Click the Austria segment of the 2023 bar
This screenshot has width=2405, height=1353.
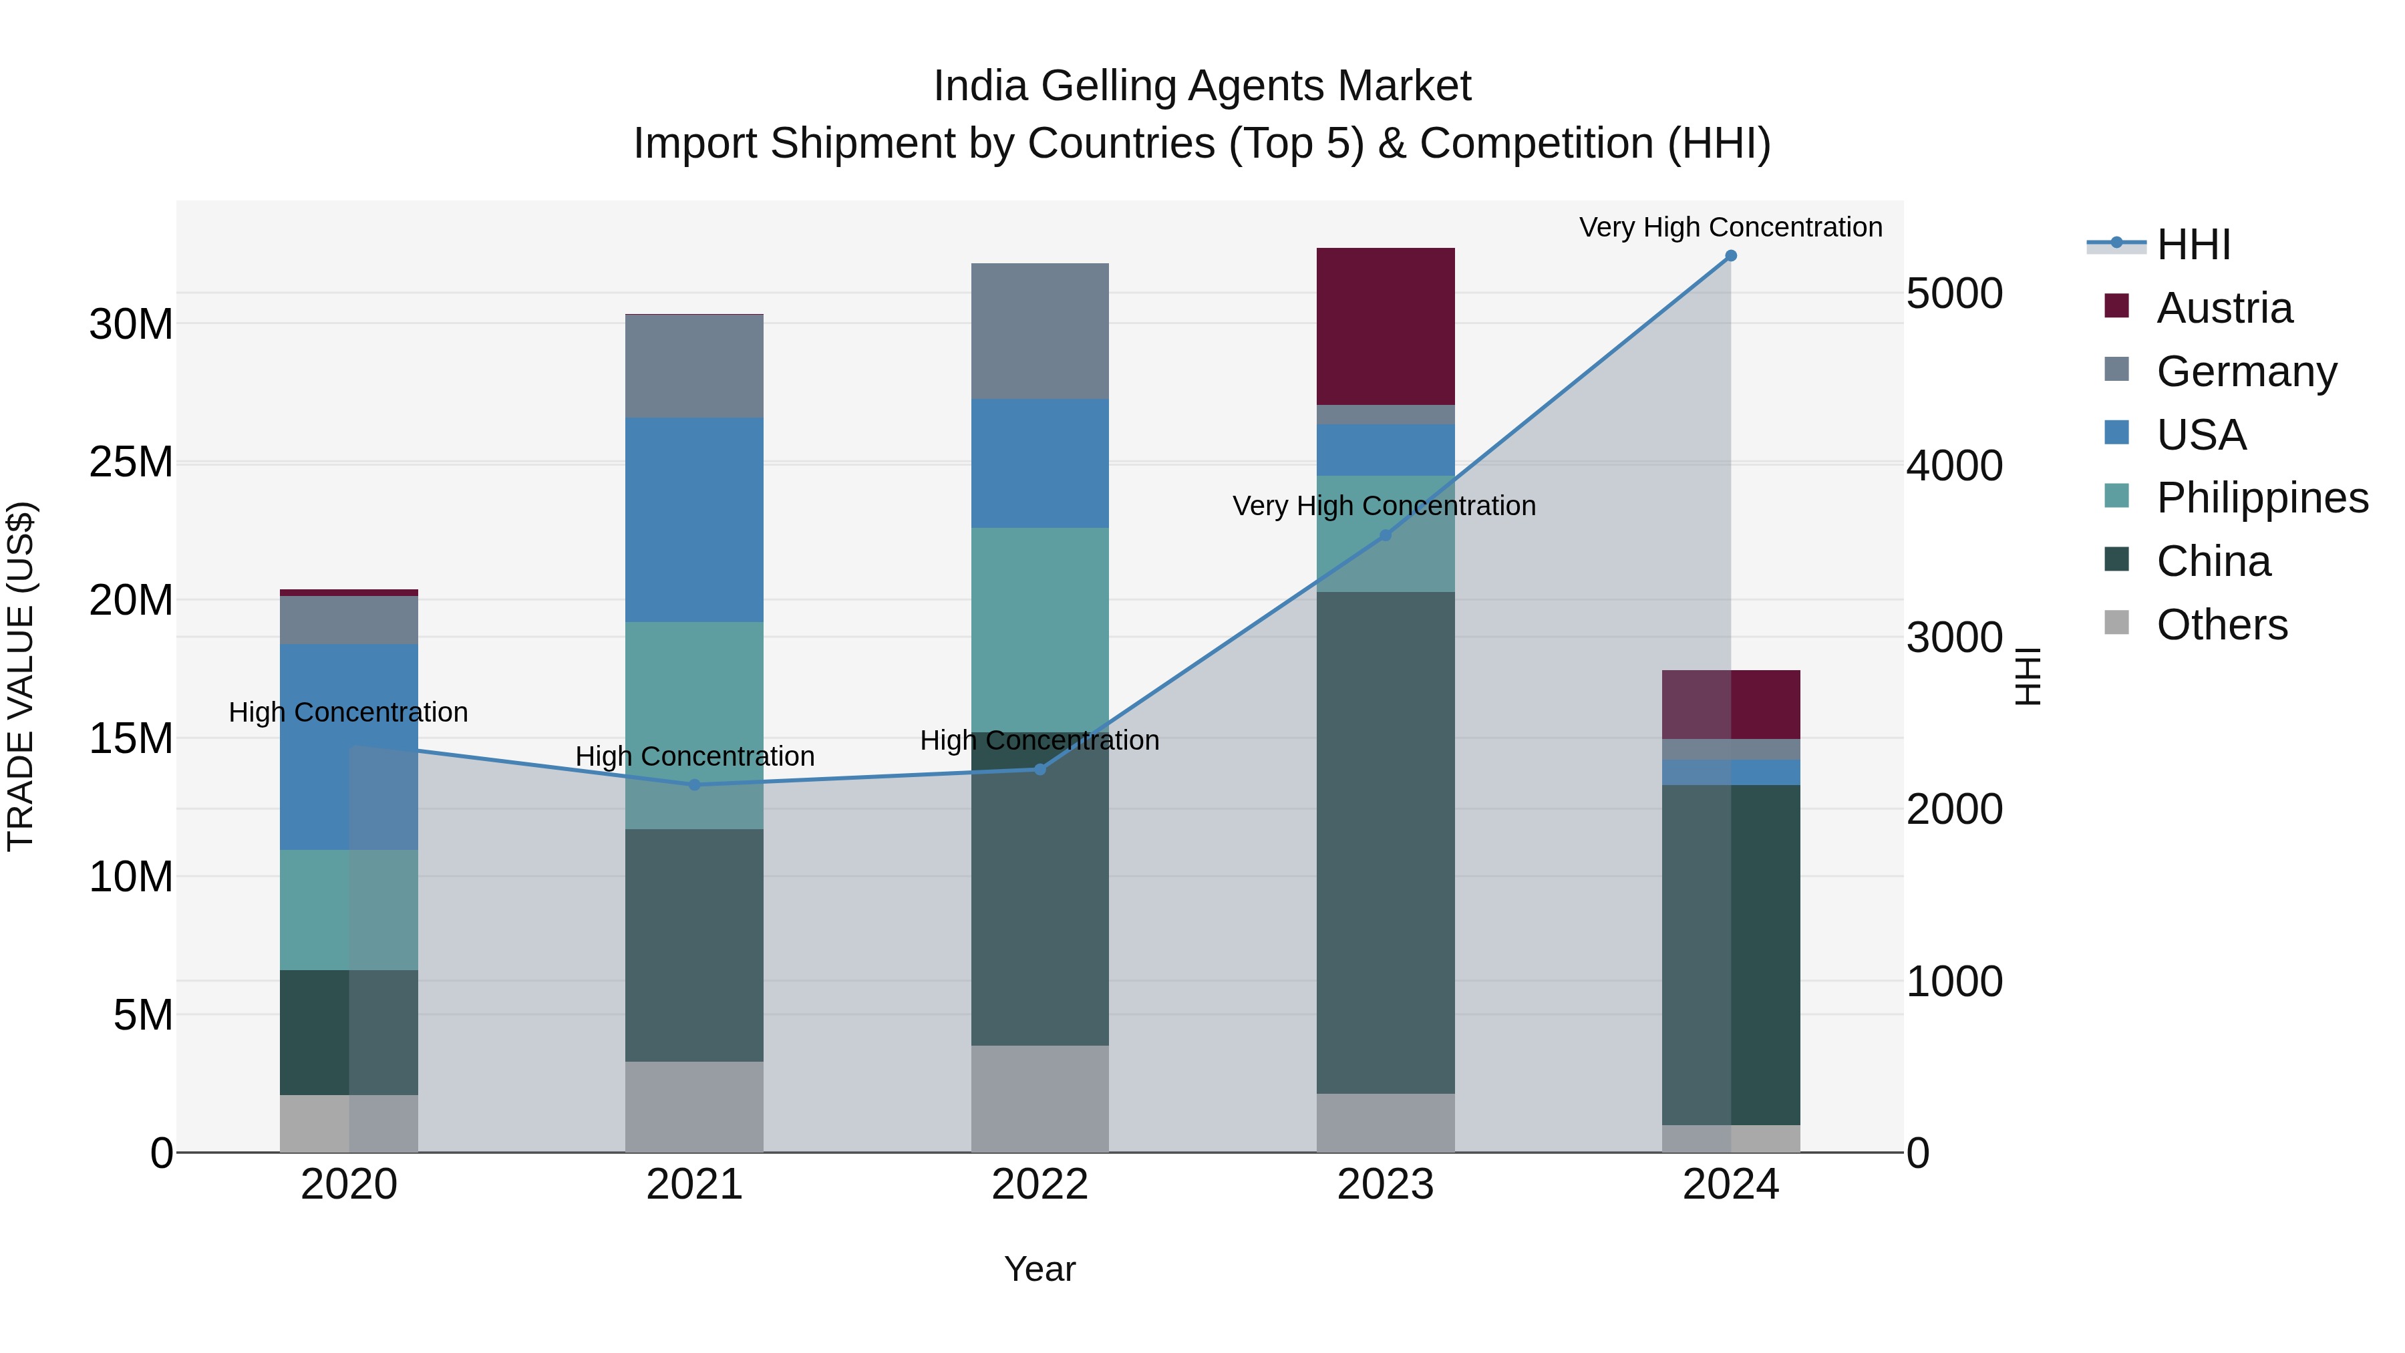point(1386,326)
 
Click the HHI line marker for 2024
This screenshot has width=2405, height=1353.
point(1731,256)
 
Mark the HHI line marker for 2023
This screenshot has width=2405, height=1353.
point(1386,535)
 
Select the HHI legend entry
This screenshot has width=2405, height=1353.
point(2193,245)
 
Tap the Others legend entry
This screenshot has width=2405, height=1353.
point(2221,625)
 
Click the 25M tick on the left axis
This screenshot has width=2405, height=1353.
point(131,462)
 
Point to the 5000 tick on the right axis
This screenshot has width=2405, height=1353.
point(1954,293)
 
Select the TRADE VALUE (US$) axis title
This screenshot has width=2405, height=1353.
point(21,676)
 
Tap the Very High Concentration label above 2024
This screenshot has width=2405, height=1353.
point(1730,227)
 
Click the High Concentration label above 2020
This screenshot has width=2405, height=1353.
point(348,712)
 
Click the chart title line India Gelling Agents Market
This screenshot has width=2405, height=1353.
point(1202,86)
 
